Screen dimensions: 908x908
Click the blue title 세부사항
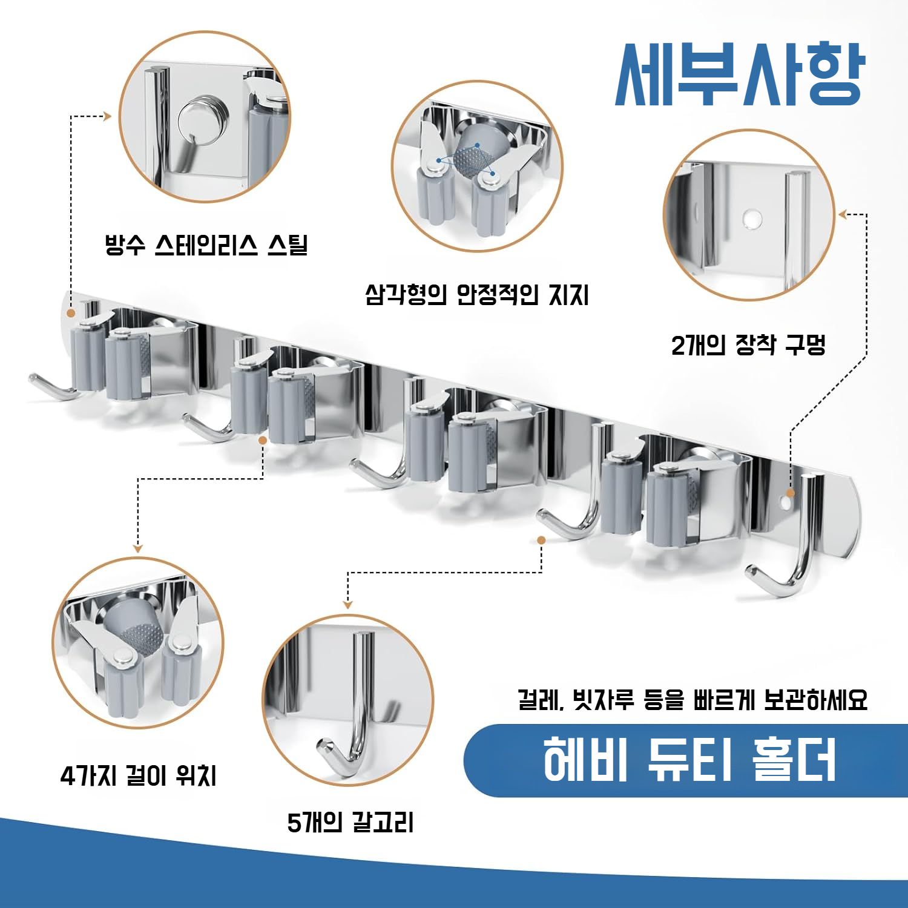pyautogui.click(x=740, y=74)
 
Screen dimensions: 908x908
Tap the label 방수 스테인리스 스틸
pyautogui.click(x=206, y=245)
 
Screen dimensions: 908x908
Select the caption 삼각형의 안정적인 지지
pyautogui.click(x=476, y=295)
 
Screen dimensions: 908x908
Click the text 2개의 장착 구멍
pyautogui.click(x=748, y=345)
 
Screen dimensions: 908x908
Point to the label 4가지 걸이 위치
pyautogui.click(x=139, y=775)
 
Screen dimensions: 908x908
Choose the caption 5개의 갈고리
pyautogui.click(x=350, y=823)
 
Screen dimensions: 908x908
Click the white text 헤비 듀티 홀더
pyautogui.click(x=689, y=760)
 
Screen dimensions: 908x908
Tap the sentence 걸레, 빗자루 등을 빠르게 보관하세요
pyautogui.click(x=693, y=700)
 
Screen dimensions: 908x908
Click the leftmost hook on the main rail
pyautogui.click(x=51, y=387)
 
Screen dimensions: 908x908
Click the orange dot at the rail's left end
pyautogui.click(x=71, y=314)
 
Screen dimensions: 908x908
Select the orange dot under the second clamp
pyautogui.click(x=263, y=440)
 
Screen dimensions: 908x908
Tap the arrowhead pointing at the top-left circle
pyautogui.click(x=108, y=116)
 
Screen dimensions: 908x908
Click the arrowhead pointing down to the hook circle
pyautogui.click(x=347, y=604)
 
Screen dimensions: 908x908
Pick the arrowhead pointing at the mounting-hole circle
pyautogui.click(x=842, y=214)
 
